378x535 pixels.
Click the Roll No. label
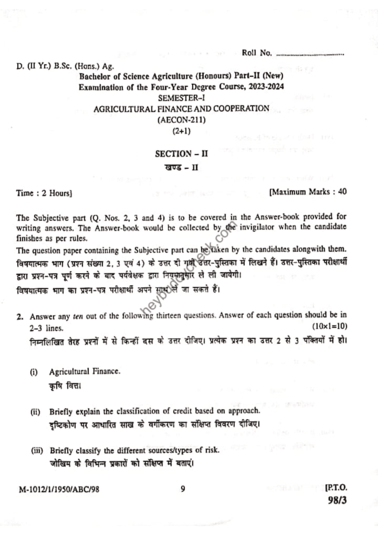[257, 53]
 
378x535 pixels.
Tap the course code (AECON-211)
[182, 120]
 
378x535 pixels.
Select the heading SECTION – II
[181, 154]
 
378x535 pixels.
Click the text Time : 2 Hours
[44, 193]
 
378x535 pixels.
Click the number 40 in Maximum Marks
[342, 192]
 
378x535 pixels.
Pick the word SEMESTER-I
[181, 97]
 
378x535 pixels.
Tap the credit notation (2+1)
[182, 131]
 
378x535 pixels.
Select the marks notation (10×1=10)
[330, 327]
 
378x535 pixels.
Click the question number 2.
[18, 317]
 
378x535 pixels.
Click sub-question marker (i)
[34, 372]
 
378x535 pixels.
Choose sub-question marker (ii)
[35, 411]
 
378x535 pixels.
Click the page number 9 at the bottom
[183, 489]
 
